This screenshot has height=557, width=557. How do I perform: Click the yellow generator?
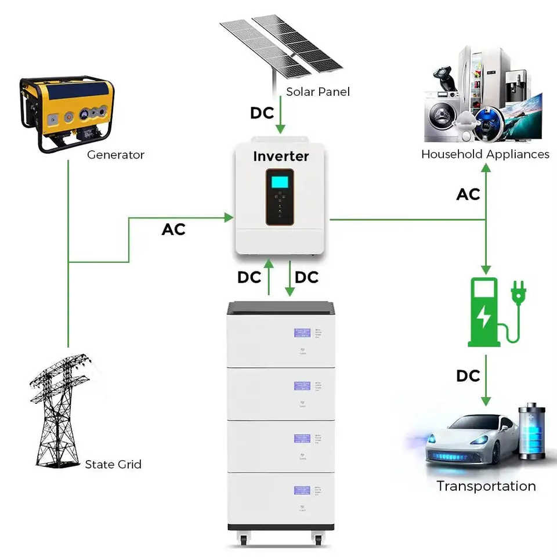coord(67,113)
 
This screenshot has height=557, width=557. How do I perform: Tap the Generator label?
coord(115,155)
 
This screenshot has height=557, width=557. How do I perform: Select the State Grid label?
coord(113,464)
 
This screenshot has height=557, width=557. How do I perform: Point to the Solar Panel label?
coord(318,92)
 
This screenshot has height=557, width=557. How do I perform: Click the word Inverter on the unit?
coord(281,156)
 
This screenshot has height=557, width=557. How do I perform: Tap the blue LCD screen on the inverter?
coord(280,181)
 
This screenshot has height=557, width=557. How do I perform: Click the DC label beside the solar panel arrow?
coord(262,113)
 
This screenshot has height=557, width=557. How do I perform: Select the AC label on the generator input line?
coord(173,230)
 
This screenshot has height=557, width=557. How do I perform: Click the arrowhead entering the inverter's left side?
coord(229,218)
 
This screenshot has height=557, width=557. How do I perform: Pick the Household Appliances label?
coord(485,154)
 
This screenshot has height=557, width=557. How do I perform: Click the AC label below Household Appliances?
coord(468,194)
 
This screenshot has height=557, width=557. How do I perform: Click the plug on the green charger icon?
coord(518,291)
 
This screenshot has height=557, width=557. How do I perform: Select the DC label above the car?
coord(468,376)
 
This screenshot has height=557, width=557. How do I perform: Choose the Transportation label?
coord(486,486)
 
